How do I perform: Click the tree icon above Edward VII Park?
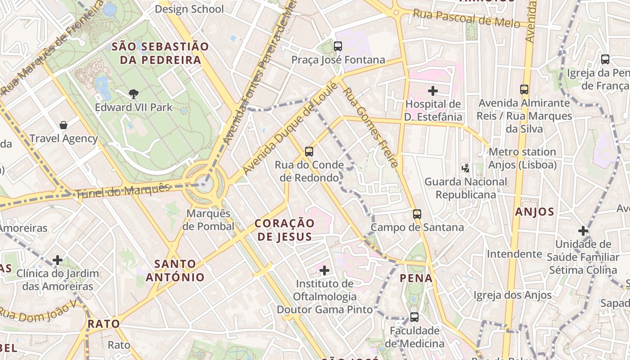pos(133,94)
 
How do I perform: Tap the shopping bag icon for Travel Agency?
pos(63,125)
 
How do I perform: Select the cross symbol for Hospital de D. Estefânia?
pos(433,91)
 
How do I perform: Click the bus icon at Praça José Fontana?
pos(338,46)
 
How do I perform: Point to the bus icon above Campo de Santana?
pos(417,214)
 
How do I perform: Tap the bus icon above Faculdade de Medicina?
pos(414,317)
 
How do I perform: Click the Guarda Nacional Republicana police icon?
pos(466,168)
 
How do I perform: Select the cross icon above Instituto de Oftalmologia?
pos(324,270)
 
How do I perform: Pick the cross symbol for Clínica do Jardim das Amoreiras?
pos(58,260)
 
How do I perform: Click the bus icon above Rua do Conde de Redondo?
pos(309,152)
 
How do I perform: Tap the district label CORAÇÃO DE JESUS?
pos(284,230)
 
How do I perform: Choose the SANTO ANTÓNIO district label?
pos(175,270)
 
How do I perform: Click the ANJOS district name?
pos(534,212)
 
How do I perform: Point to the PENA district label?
pos(416,278)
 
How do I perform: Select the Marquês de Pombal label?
pos(208,220)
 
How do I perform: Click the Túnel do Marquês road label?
pos(123,191)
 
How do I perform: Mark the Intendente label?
pos(514,254)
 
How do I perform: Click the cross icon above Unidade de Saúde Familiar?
pos(583,231)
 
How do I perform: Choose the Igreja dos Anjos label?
pos(513,295)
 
